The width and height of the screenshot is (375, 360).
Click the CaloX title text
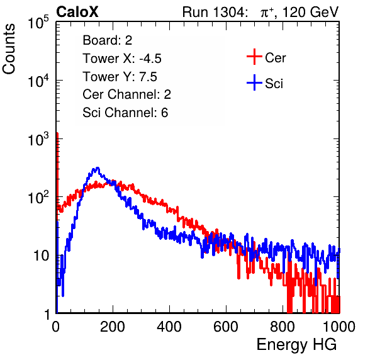77,12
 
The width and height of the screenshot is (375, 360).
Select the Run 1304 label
214,12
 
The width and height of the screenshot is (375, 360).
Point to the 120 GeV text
310,12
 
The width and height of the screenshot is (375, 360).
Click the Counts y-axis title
9,49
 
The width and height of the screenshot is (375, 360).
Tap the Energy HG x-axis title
296,344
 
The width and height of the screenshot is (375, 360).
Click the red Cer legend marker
254,57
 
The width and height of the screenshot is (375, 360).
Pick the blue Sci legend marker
254,83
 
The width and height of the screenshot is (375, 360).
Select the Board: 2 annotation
107,40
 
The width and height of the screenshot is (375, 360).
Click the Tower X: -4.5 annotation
122,59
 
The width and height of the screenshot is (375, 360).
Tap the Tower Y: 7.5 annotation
120,77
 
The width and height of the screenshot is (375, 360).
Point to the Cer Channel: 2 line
126,94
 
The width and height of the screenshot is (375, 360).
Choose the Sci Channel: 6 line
125,113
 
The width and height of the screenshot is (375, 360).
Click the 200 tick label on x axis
113,327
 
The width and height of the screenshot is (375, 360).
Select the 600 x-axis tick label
226,327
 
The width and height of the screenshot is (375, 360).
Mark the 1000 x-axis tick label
339,327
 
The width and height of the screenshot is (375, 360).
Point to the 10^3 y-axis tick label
38,139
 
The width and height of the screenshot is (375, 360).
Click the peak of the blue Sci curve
97,167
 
